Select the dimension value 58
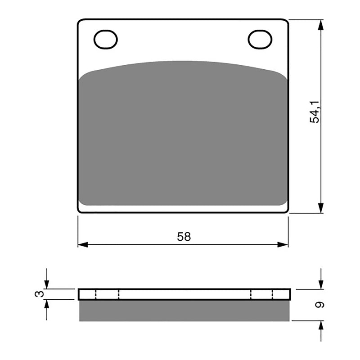click(x=184, y=237)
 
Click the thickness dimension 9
click(x=319, y=305)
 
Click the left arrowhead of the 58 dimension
click(x=82, y=245)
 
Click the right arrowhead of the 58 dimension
click(x=283, y=245)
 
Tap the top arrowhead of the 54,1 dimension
click(x=320, y=25)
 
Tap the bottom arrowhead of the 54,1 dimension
click(x=320, y=207)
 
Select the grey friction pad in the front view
click(x=183, y=135)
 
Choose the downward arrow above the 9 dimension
click(x=320, y=283)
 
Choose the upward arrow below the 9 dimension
click(x=320, y=326)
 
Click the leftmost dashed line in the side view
click(x=96, y=294)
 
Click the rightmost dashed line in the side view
click(x=273, y=294)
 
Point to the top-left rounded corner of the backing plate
click(x=80, y=22)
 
